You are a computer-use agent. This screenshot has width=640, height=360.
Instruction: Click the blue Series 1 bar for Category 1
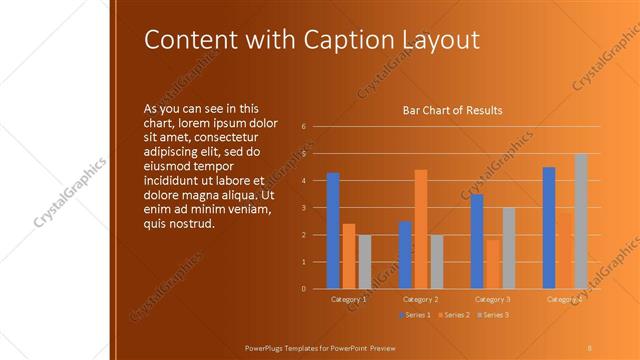(333, 231)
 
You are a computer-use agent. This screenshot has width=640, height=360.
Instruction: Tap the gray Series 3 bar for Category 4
(581, 221)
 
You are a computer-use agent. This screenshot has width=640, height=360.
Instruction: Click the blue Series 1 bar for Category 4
(549, 228)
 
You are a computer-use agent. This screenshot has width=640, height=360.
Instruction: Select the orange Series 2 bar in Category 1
(349, 256)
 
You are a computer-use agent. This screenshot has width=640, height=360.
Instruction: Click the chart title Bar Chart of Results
(452, 110)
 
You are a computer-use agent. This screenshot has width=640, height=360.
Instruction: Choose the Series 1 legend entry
(416, 315)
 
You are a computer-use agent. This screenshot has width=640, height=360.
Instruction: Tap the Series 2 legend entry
(452, 315)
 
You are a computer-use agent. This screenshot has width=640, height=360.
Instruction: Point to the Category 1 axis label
(349, 299)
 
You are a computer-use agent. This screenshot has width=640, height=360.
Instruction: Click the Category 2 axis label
(421, 299)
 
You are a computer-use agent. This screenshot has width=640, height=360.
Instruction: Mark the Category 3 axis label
(493, 299)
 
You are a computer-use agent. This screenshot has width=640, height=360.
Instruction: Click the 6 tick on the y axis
(303, 126)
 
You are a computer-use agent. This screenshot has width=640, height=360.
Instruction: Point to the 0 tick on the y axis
(303, 289)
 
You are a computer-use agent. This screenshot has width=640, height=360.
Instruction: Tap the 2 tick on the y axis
(303, 235)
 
